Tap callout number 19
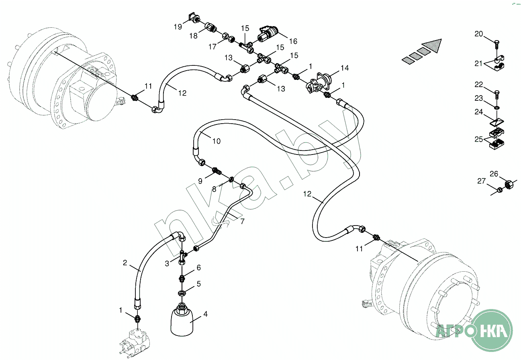coord(178,27)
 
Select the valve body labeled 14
coord(321,82)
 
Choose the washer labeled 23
coord(497,107)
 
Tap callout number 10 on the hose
coord(217,141)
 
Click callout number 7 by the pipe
coord(242,221)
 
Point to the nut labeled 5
coord(182,292)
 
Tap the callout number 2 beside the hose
coord(125,263)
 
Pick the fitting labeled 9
coord(217,171)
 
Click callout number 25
coord(479,139)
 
